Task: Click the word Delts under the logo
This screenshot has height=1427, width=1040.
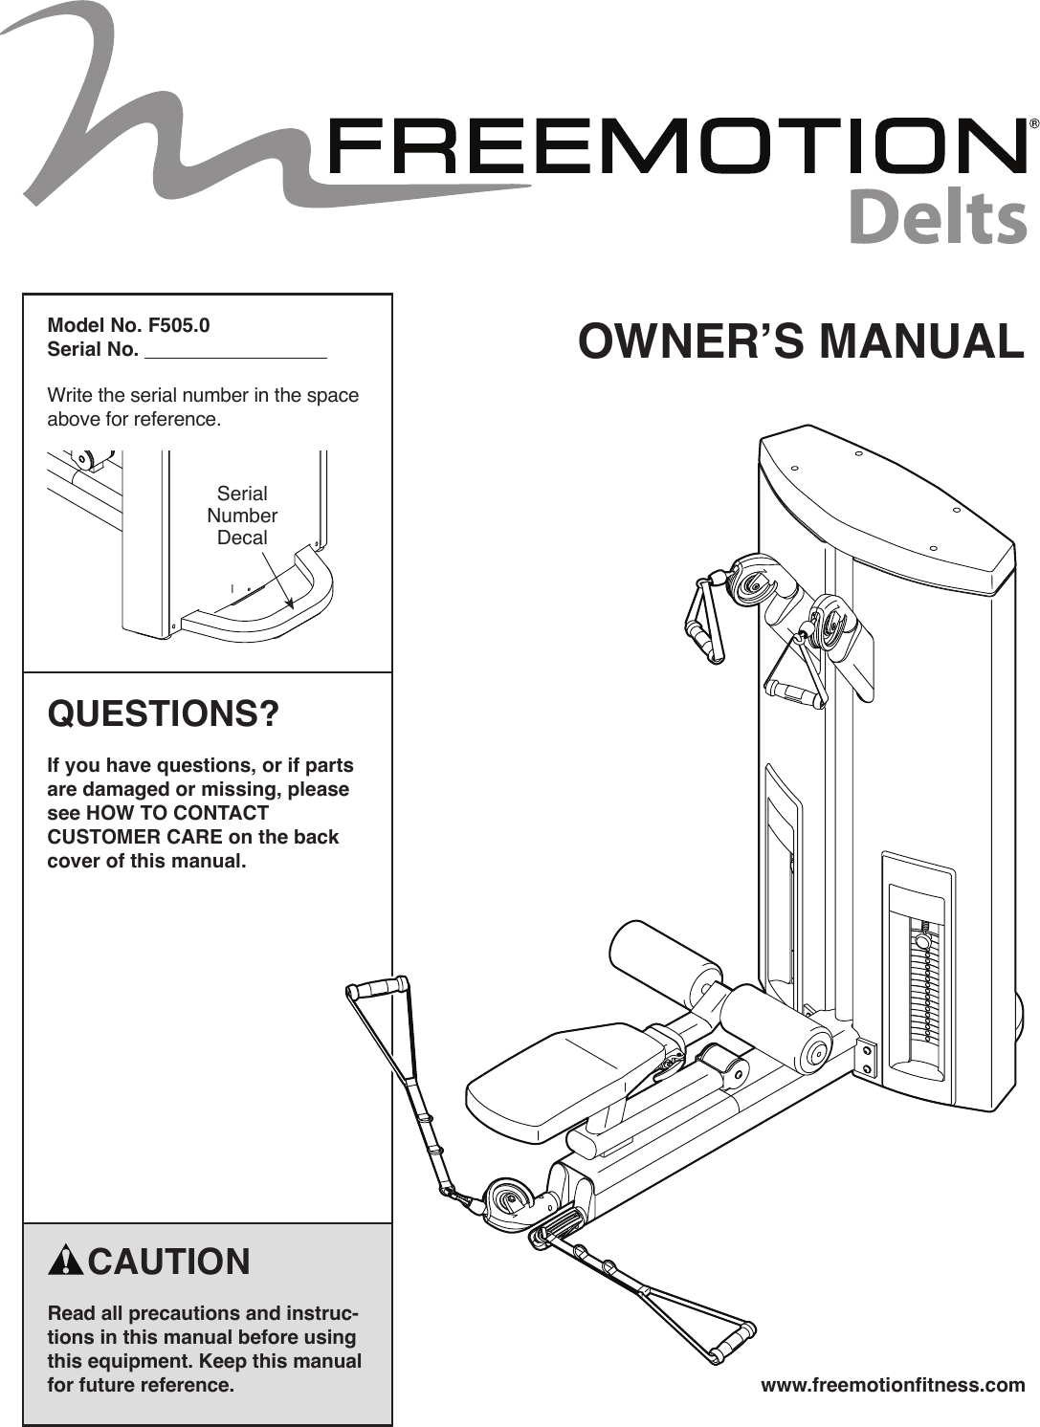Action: pos(937,218)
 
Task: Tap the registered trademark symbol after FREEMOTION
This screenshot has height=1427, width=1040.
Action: pos(1033,124)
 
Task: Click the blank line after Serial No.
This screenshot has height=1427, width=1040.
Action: pos(234,350)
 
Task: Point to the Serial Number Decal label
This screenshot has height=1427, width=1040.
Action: pos(242,516)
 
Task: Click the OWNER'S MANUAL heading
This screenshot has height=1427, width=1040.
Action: pos(801,342)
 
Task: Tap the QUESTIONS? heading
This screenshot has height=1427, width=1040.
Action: pos(164,714)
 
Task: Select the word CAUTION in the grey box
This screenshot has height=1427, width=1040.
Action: pos(168,1262)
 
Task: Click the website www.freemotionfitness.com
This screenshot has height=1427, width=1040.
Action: pos(892,1385)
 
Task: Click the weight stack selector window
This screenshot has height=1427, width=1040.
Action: pos(918,985)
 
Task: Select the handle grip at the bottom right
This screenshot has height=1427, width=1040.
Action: pos(731,1340)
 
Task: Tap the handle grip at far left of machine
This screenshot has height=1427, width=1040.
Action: pos(379,985)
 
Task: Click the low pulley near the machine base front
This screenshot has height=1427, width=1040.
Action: pos(508,1199)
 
